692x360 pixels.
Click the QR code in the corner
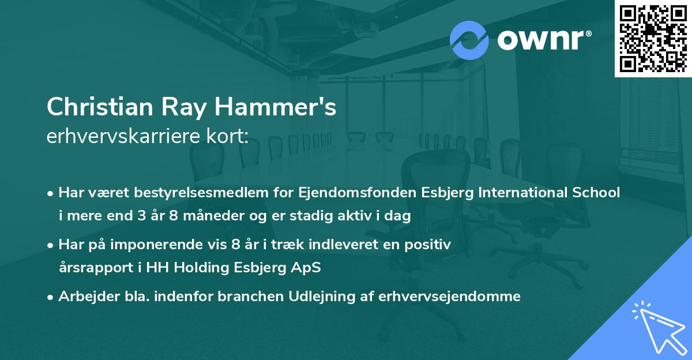point(653,38)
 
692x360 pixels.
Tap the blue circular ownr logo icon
point(469,40)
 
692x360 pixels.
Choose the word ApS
point(308,268)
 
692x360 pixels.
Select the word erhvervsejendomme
point(450,297)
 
